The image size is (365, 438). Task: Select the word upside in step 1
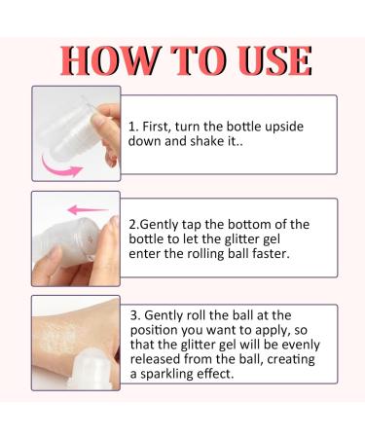click(x=298, y=127)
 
